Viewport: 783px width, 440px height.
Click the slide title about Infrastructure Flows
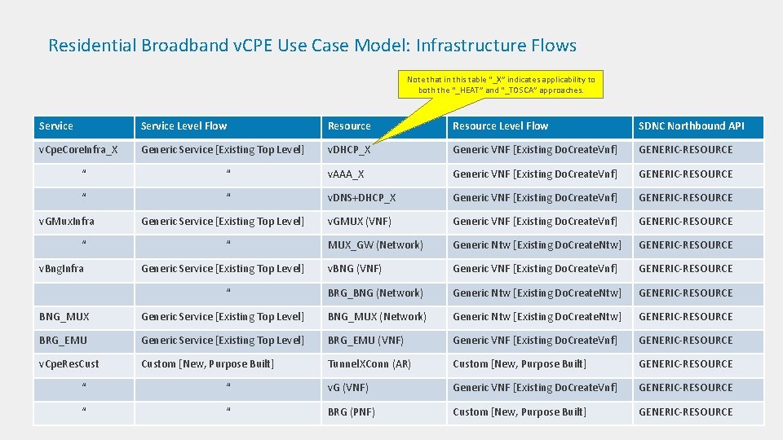pos(312,46)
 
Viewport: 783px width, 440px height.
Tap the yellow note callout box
pos(502,84)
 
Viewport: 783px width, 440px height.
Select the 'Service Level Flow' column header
pos(184,126)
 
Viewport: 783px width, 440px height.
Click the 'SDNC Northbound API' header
pos(691,126)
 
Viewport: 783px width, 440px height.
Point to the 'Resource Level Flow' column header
pos(500,126)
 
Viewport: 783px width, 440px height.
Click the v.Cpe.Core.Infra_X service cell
pos(78,150)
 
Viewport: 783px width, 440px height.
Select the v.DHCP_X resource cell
pos(349,150)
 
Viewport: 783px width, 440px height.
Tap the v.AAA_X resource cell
pos(346,174)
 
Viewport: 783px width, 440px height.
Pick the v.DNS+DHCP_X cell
pos(361,197)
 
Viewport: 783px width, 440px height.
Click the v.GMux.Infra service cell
pos(67,221)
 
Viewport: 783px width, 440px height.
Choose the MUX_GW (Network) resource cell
pos(375,244)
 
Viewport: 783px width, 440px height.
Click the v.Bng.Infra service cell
pos(62,268)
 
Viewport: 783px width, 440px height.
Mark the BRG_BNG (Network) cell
pos(375,293)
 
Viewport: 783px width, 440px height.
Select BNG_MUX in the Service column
pos(64,316)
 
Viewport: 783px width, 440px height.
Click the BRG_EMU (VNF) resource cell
pos(365,340)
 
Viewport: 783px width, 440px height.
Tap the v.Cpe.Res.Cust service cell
pos(69,363)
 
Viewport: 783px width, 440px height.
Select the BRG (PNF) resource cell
pos(351,411)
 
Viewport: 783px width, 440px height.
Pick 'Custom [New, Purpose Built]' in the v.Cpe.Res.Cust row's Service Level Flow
pos(207,363)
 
